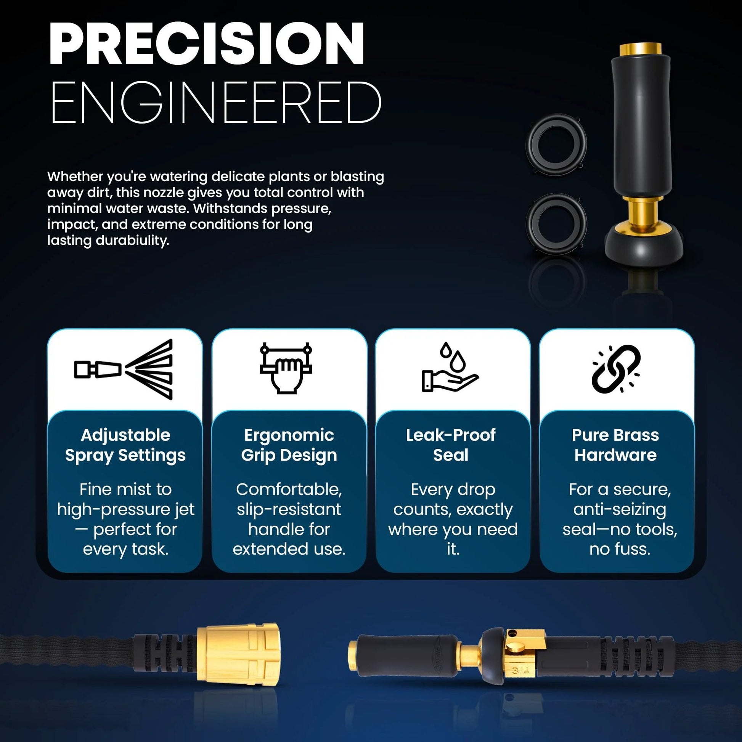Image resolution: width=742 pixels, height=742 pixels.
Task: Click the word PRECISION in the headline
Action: pyautogui.click(x=207, y=43)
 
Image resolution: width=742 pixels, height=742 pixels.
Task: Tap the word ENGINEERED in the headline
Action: pyautogui.click(x=216, y=103)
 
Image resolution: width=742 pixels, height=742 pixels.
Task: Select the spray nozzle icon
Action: pyautogui.click(x=124, y=369)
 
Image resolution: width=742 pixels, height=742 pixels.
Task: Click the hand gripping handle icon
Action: pyautogui.click(x=286, y=368)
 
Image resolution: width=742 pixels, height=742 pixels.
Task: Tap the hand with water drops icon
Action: pyautogui.click(x=450, y=367)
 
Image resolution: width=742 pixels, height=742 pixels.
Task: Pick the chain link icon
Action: pyautogui.click(x=616, y=369)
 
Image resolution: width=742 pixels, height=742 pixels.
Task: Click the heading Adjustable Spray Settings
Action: pyautogui.click(x=125, y=445)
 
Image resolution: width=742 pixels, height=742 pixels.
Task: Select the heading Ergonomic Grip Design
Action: pyautogui.click(x=289, y=445)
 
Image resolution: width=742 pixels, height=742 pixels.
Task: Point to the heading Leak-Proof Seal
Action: pyautogui.click(x=451, y=445)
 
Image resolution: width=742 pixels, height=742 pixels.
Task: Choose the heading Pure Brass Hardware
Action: pyautogui.click(x=615, y=445)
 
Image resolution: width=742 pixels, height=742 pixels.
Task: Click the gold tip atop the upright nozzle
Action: pyautogui.click(x=640, y=49)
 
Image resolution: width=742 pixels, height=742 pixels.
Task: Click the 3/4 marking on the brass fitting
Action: pyautogui.click(x=520, y=671)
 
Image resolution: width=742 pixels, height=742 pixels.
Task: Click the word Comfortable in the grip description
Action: pyautogui.click(x=289, y=489)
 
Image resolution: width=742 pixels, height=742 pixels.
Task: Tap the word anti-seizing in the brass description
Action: pyautogui.click(x=620, y=510)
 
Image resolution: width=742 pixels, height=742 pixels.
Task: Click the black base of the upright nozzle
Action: pyautogui.click(x=644, y=248)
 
